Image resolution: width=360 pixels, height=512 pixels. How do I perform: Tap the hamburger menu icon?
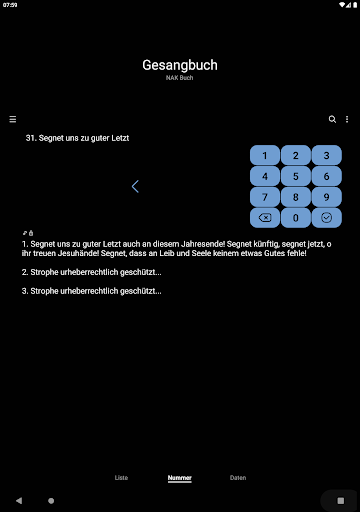point(13,119)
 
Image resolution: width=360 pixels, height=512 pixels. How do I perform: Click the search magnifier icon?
point(332,119)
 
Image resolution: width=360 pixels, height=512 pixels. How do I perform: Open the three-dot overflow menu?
point(347,119)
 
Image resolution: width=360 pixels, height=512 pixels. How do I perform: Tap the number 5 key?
point(296,176)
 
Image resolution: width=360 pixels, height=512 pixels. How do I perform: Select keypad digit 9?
point(327,197)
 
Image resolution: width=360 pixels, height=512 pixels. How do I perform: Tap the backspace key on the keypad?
point(265,218)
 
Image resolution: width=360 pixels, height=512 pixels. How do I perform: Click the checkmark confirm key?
point(327,218)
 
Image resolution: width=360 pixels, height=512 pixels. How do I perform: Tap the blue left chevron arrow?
point(135,186)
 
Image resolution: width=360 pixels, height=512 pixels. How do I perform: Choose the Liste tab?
point(121,478)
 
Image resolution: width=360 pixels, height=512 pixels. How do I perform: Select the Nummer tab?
point(180,478)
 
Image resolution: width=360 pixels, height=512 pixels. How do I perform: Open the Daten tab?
point(238,478)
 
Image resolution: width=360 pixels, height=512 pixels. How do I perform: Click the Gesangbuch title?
point(180,65)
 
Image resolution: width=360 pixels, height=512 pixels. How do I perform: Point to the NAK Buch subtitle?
point(180,78)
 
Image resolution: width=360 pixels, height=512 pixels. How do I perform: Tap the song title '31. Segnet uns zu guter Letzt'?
point(77,138)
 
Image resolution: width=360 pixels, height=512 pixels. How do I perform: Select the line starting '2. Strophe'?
point(92,272)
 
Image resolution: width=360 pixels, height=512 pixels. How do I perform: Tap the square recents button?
point(341,500)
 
